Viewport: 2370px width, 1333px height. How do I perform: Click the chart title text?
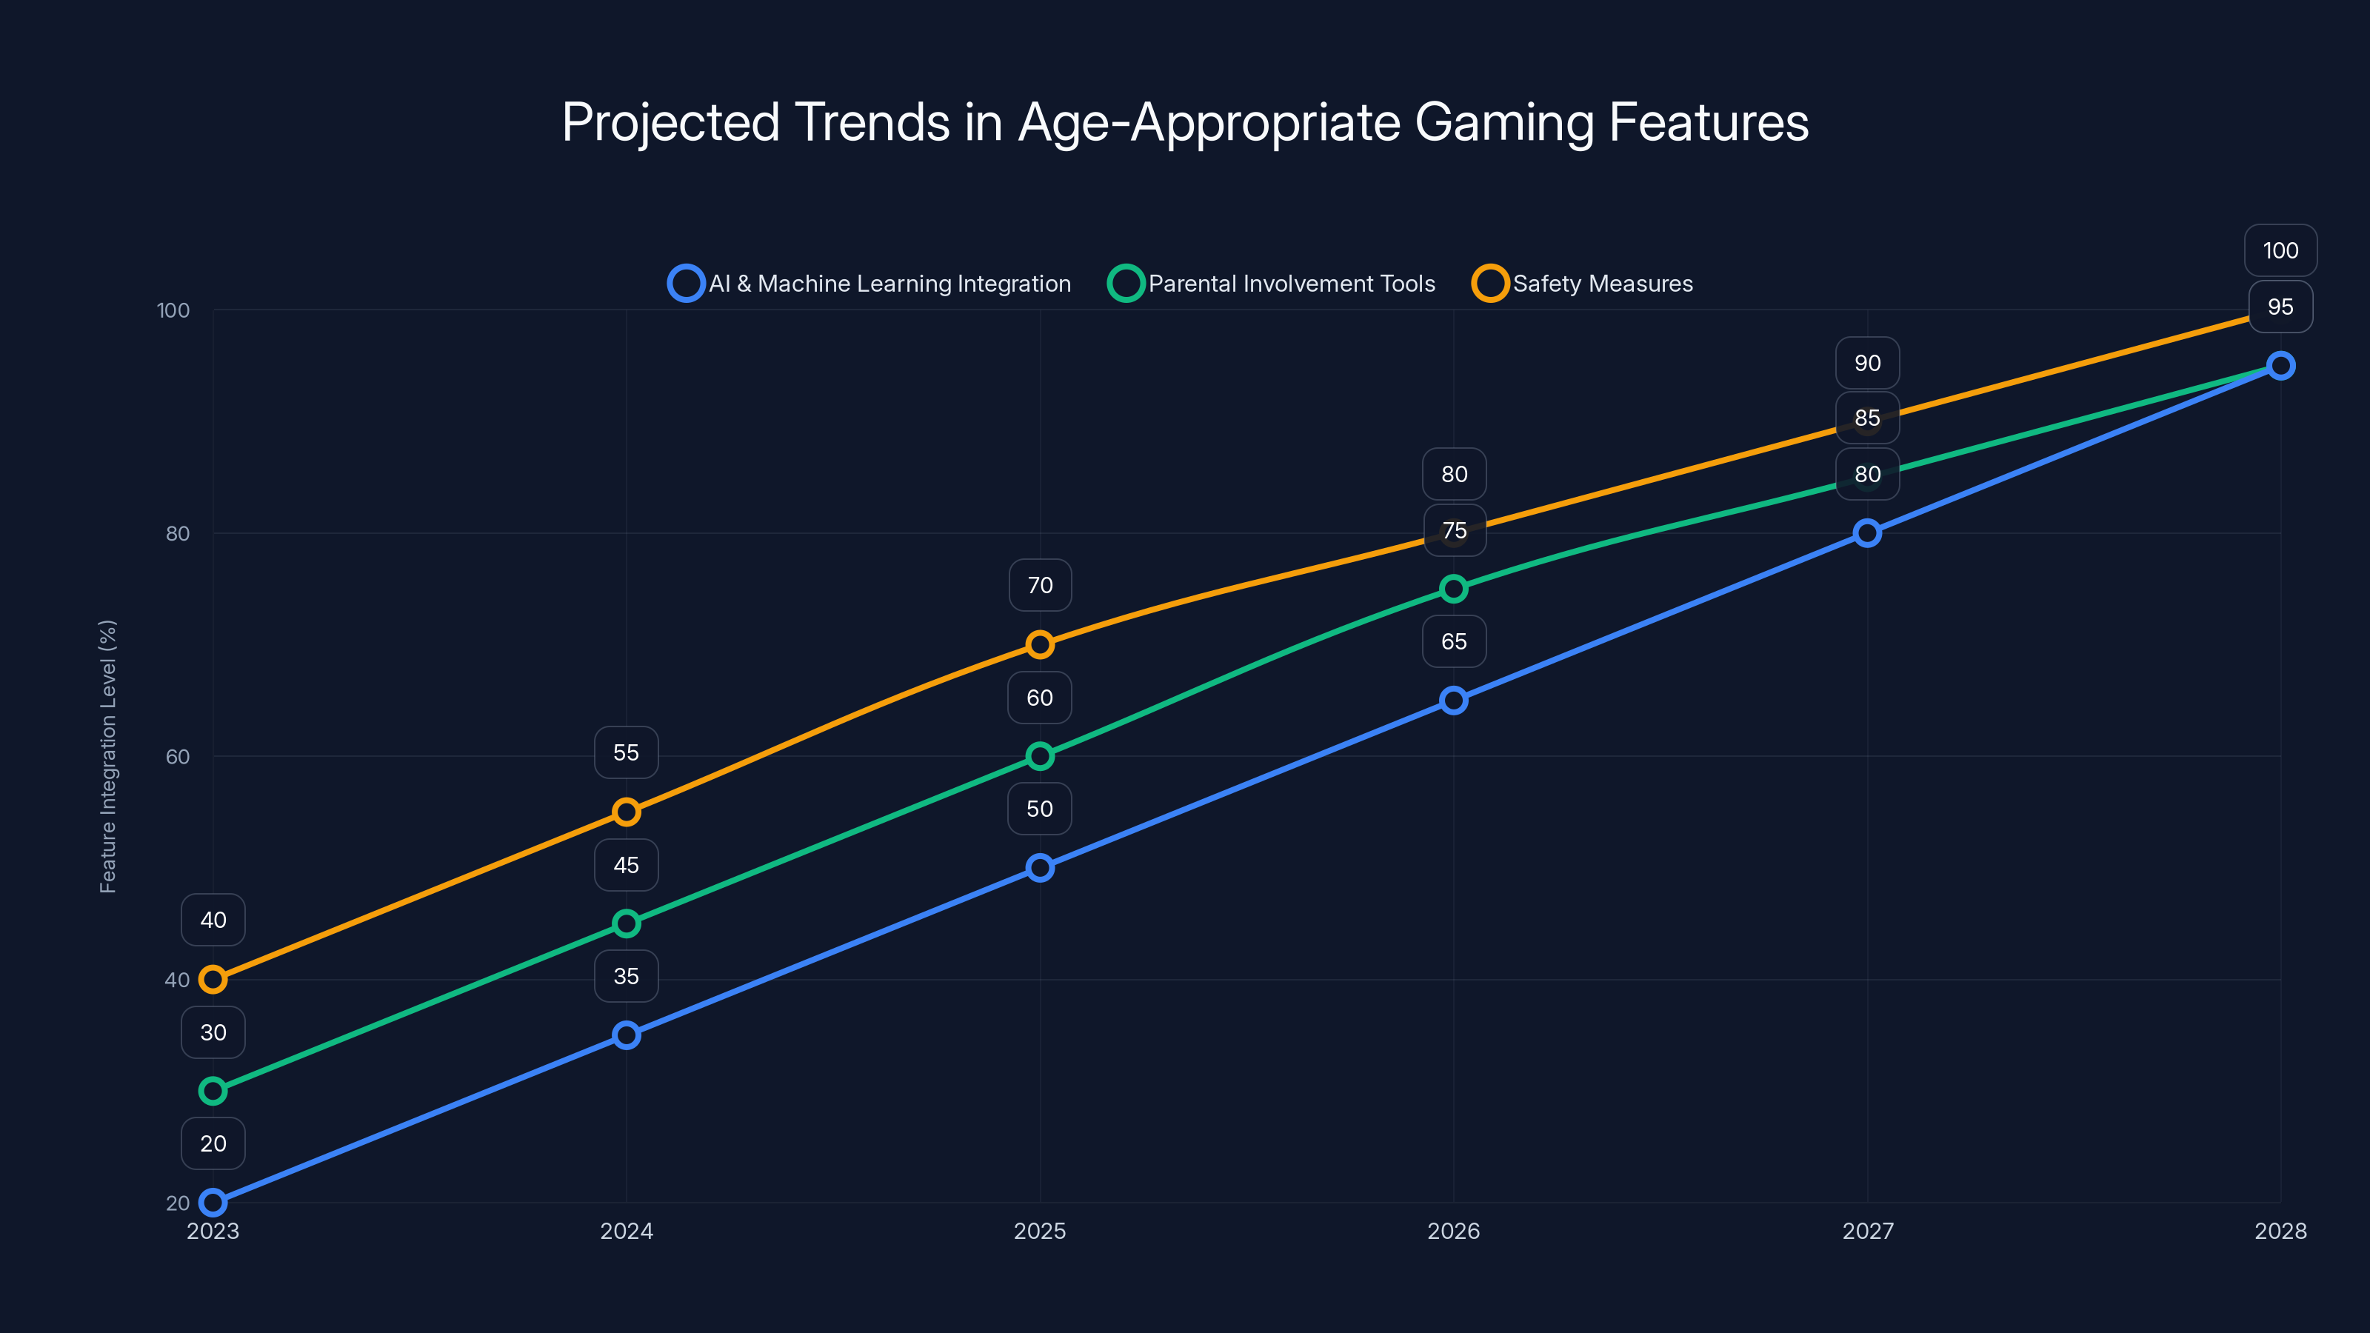(1185, 122)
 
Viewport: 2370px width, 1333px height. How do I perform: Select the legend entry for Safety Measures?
(1583, 284)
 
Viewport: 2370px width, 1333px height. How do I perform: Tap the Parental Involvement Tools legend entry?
(1272, 284)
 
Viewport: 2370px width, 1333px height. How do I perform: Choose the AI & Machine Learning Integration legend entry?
(870, 284)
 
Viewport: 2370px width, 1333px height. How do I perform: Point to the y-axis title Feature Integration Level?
(107, 756)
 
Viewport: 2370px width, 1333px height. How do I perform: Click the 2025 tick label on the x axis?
(1040, 1231)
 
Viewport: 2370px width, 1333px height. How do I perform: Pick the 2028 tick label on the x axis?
(2280, 1231)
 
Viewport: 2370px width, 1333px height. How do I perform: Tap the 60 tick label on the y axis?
(178, 756)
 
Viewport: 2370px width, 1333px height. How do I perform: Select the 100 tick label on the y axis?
(173, 310)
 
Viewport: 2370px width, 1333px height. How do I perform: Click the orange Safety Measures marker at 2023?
(213, 980)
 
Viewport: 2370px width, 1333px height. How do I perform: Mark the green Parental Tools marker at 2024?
(627, 923)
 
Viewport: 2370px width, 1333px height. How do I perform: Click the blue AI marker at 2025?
(1040, 867)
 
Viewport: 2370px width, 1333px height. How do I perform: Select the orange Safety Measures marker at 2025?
(1040, 644)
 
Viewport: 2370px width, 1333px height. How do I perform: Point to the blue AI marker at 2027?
(1866, 532)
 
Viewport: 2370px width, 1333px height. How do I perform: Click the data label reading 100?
(2280, 250)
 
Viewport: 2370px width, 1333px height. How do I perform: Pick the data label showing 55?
(627, 752)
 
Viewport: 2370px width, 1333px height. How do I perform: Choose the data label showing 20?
(213, 1143)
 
